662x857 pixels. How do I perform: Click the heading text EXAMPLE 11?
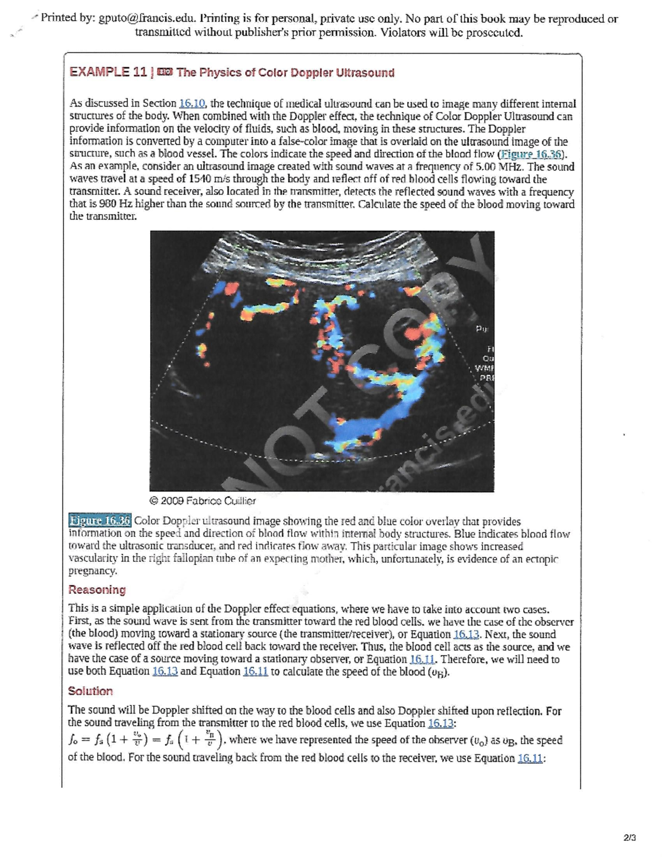(108, 72)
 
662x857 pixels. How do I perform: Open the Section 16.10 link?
(192, 103)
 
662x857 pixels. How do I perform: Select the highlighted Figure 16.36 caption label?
(100, 520)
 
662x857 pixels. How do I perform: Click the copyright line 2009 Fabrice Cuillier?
(202, 501)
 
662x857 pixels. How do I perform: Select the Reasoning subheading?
(97, 590)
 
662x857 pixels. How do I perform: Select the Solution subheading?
(90, 691)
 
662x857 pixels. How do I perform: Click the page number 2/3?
(629, 838)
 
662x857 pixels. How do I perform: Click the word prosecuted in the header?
(494, 32)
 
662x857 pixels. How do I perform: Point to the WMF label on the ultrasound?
(484, 368)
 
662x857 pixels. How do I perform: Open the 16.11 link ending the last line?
(530, 758)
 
